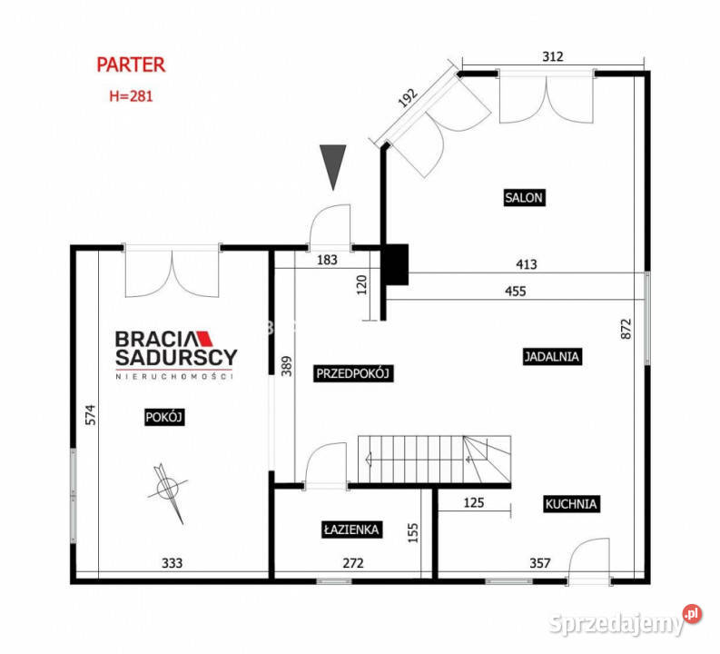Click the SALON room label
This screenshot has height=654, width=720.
(524, 197)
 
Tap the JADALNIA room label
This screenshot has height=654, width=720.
(552, 356)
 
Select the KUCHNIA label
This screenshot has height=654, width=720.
(571, 504)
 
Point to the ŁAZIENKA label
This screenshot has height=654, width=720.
(351, 530)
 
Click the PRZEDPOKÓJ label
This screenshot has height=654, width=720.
(352, 373)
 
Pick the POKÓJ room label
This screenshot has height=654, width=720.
(164, 417)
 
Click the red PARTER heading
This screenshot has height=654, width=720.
(131, 64)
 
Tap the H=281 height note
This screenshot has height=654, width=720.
(131, 96)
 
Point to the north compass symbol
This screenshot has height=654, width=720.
(168, 491)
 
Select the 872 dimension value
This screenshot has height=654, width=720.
(626, 329)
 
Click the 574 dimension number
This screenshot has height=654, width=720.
(91, 415)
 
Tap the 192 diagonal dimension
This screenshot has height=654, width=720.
(408, 98)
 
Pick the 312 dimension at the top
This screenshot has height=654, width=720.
(552, 56)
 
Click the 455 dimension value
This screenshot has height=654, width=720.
(515, 292)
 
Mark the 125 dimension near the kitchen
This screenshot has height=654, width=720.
(474, 502)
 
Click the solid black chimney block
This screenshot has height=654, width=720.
(396, 264)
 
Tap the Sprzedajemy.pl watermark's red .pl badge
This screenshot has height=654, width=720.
(692, 614)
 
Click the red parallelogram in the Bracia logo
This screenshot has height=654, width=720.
(206, 338)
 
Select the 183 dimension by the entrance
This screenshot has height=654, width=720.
(327, 260)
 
